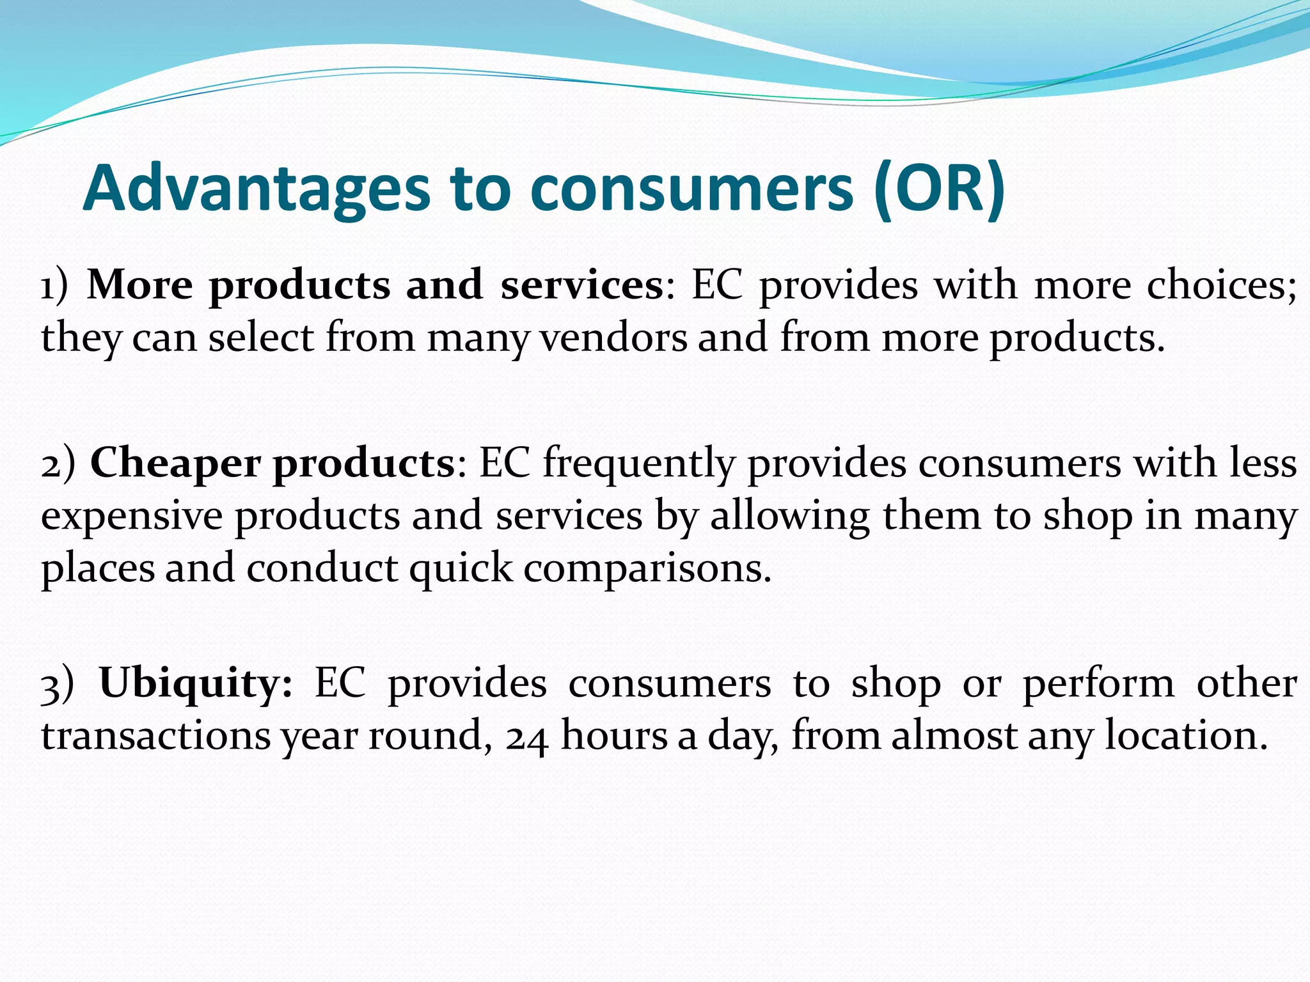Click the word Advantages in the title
point(256,189)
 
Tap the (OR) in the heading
point(940,189)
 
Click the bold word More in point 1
point(139,284)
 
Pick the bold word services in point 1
point(582,284)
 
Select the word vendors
point(613,338)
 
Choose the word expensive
point(132,517)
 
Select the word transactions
point(156,736)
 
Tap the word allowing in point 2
point(789,517)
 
